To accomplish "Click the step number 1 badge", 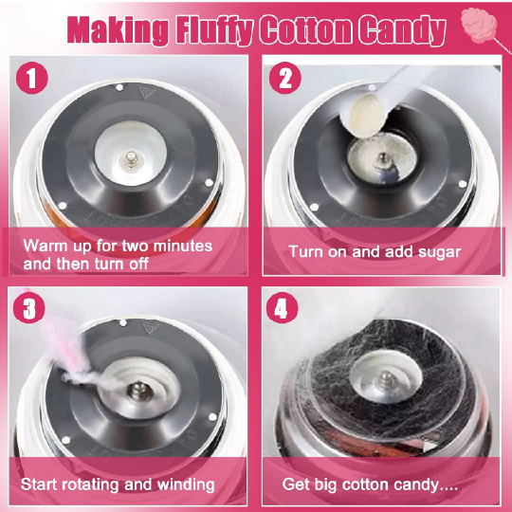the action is coord(32,78).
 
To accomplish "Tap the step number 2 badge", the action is coord(285,78).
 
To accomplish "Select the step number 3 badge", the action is coord(29,307).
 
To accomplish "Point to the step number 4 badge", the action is coord(283,307).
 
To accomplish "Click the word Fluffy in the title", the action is coord(214,30).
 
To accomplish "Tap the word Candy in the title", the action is coord(402,30).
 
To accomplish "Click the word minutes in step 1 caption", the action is coord(183,246).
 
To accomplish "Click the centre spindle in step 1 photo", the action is coord(131,159).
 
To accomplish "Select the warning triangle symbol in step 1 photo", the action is coord(147,92).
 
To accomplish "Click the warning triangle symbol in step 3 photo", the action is coord(151,327).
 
